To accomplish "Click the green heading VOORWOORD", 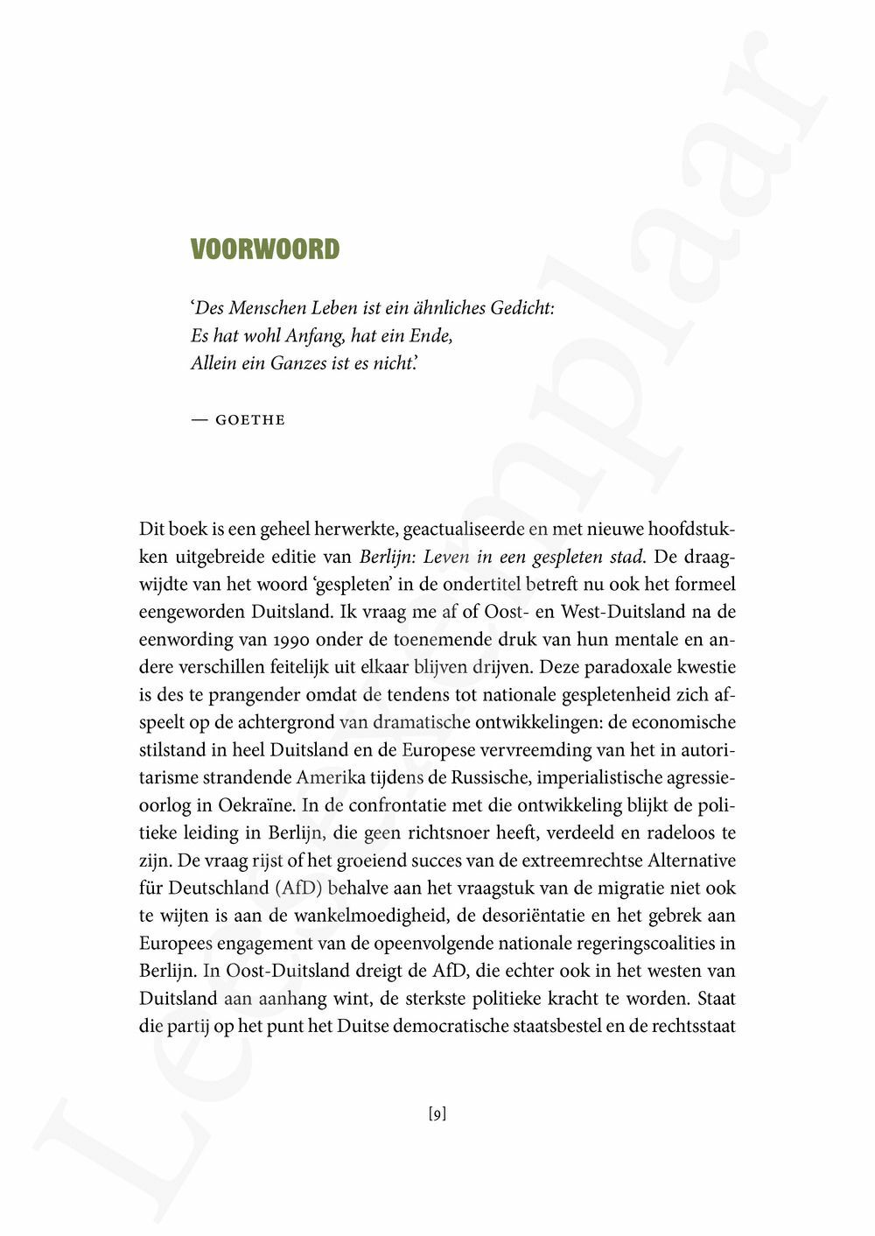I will pos(264,249).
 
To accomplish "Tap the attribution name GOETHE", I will pos(249,420).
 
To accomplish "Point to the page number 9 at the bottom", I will pos(437,1114).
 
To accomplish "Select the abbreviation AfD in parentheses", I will pos(298,888).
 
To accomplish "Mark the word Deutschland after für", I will pos(219,888).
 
